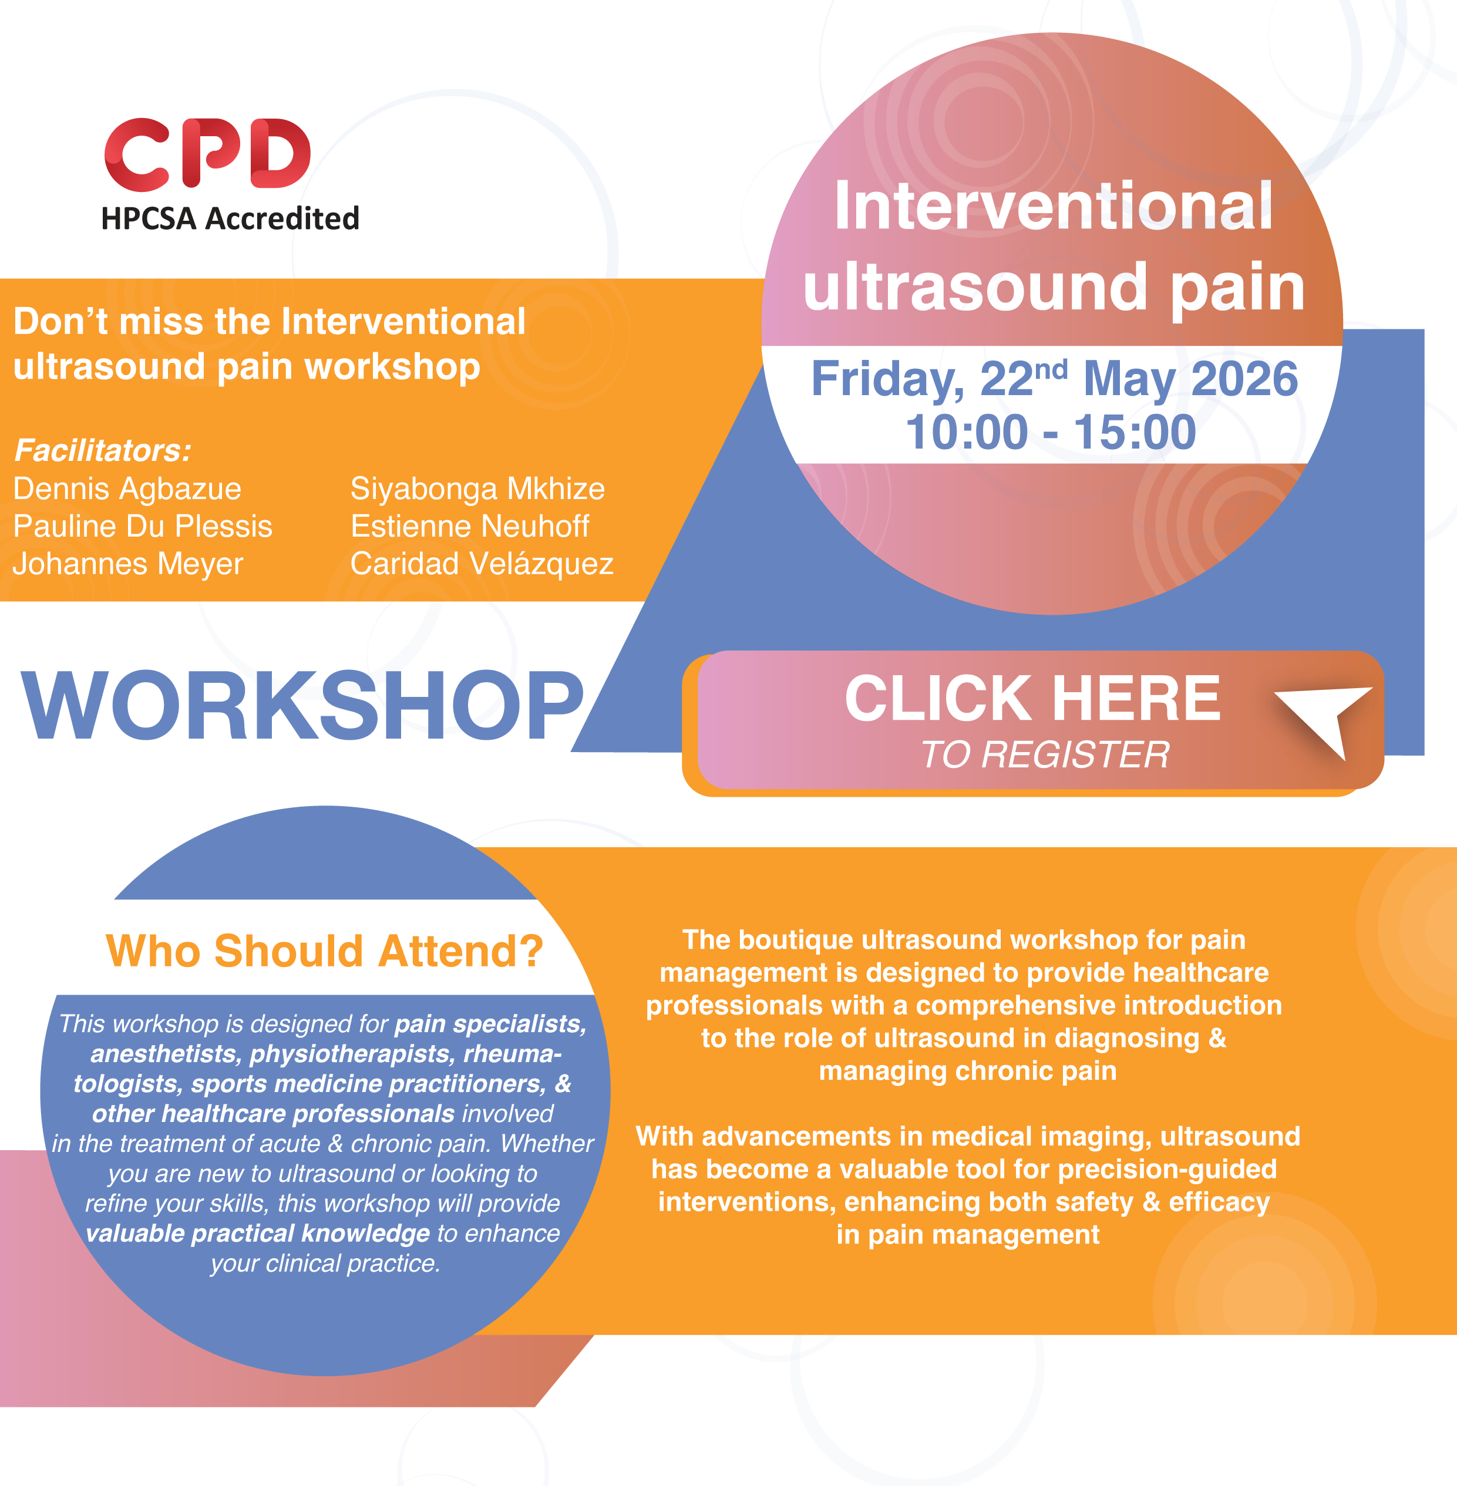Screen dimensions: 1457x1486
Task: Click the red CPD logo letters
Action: coord(207,154)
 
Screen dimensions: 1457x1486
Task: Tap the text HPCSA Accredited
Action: coord(230,219)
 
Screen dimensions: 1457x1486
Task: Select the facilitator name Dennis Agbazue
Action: coord(127,489)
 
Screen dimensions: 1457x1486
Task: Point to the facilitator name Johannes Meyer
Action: coord(129,564)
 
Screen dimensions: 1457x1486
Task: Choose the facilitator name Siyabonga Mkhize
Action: coord(477,489)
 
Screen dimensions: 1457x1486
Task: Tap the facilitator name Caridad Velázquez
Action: coord(482,564)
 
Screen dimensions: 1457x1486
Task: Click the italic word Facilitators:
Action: coord(103,451)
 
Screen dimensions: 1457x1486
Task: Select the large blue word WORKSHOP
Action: coord(303,706)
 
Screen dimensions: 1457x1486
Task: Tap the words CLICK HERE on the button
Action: coord(1032,698)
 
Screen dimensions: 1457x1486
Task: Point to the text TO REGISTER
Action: coord(1045,755)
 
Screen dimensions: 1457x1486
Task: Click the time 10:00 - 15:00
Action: coord(1051,432)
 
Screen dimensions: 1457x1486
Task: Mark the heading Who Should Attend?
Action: coord(324,951)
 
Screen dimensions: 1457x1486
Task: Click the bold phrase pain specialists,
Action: coord(490,1024)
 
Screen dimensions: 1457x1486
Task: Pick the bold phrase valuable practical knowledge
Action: coord(258,1234)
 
